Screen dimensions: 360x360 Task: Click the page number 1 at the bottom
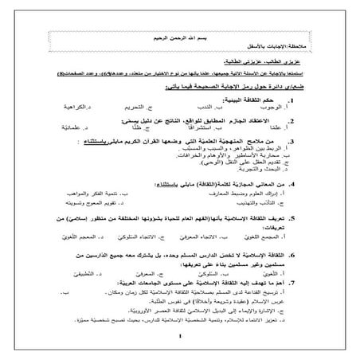[x=181, y=346]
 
